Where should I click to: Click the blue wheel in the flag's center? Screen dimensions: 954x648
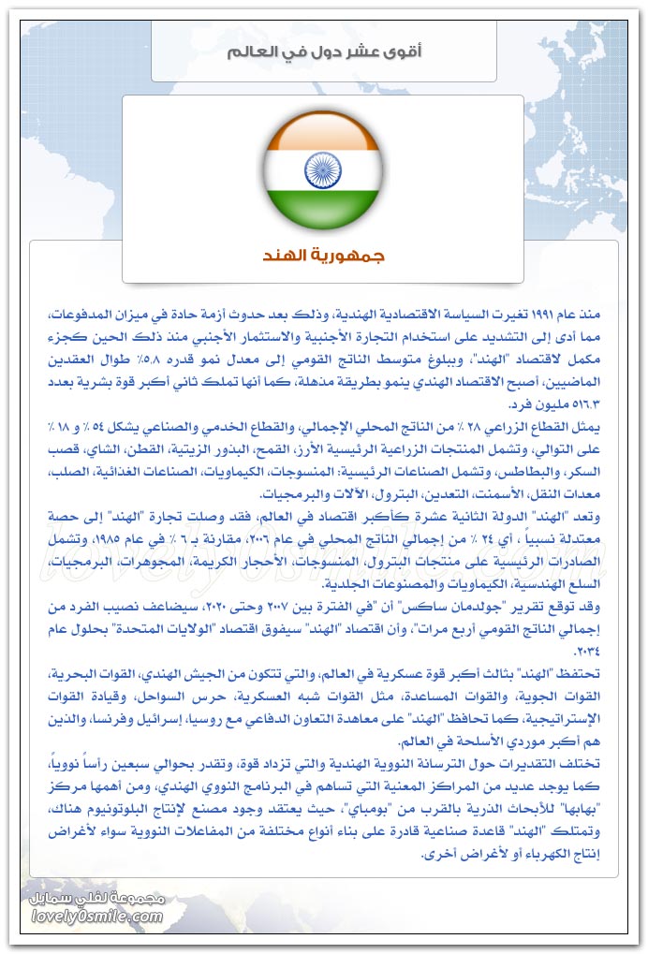[x=323, y=169]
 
